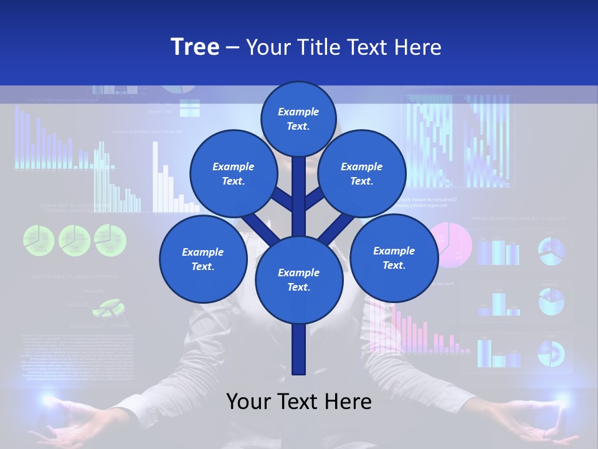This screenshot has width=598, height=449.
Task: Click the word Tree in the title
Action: pos(195,47)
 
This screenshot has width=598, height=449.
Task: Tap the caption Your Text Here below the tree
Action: pos(298,402)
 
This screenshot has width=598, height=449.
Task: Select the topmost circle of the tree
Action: pos(298,118)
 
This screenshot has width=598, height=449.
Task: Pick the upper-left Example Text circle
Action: pos(233,173)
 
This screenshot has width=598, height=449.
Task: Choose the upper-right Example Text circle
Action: pos(361,173)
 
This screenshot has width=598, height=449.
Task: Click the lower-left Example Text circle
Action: pos(202,259)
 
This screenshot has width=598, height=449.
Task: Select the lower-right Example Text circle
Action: pos(394,258)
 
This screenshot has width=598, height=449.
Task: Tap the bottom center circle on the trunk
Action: pos(298,279)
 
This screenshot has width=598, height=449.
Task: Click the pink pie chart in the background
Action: pos(453,244)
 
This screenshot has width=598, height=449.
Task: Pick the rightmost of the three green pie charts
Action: pos(110,240)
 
